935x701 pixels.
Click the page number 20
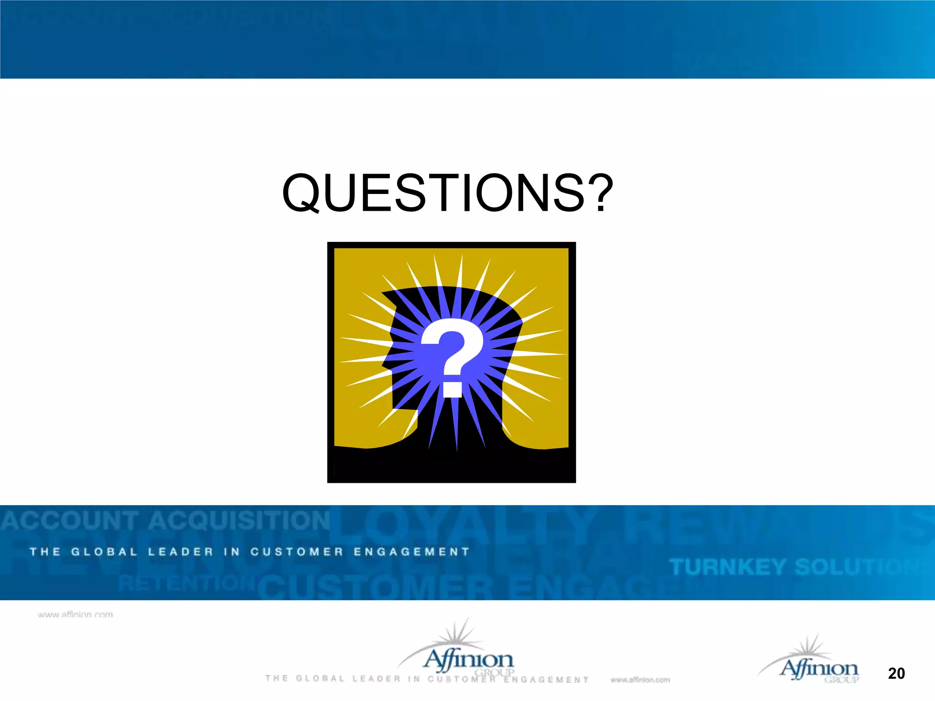click(896, 673)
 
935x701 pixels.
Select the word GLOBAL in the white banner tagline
click(104, 552)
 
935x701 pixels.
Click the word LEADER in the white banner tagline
click(181, 552)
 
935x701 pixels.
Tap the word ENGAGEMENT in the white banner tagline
click(412, 552)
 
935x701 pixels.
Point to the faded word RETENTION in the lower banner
click(186, 583)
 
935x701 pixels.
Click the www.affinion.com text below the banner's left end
click(75, 615)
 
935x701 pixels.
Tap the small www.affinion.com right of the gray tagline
click(640, 680)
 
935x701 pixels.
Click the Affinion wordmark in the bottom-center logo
click(469, 660)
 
